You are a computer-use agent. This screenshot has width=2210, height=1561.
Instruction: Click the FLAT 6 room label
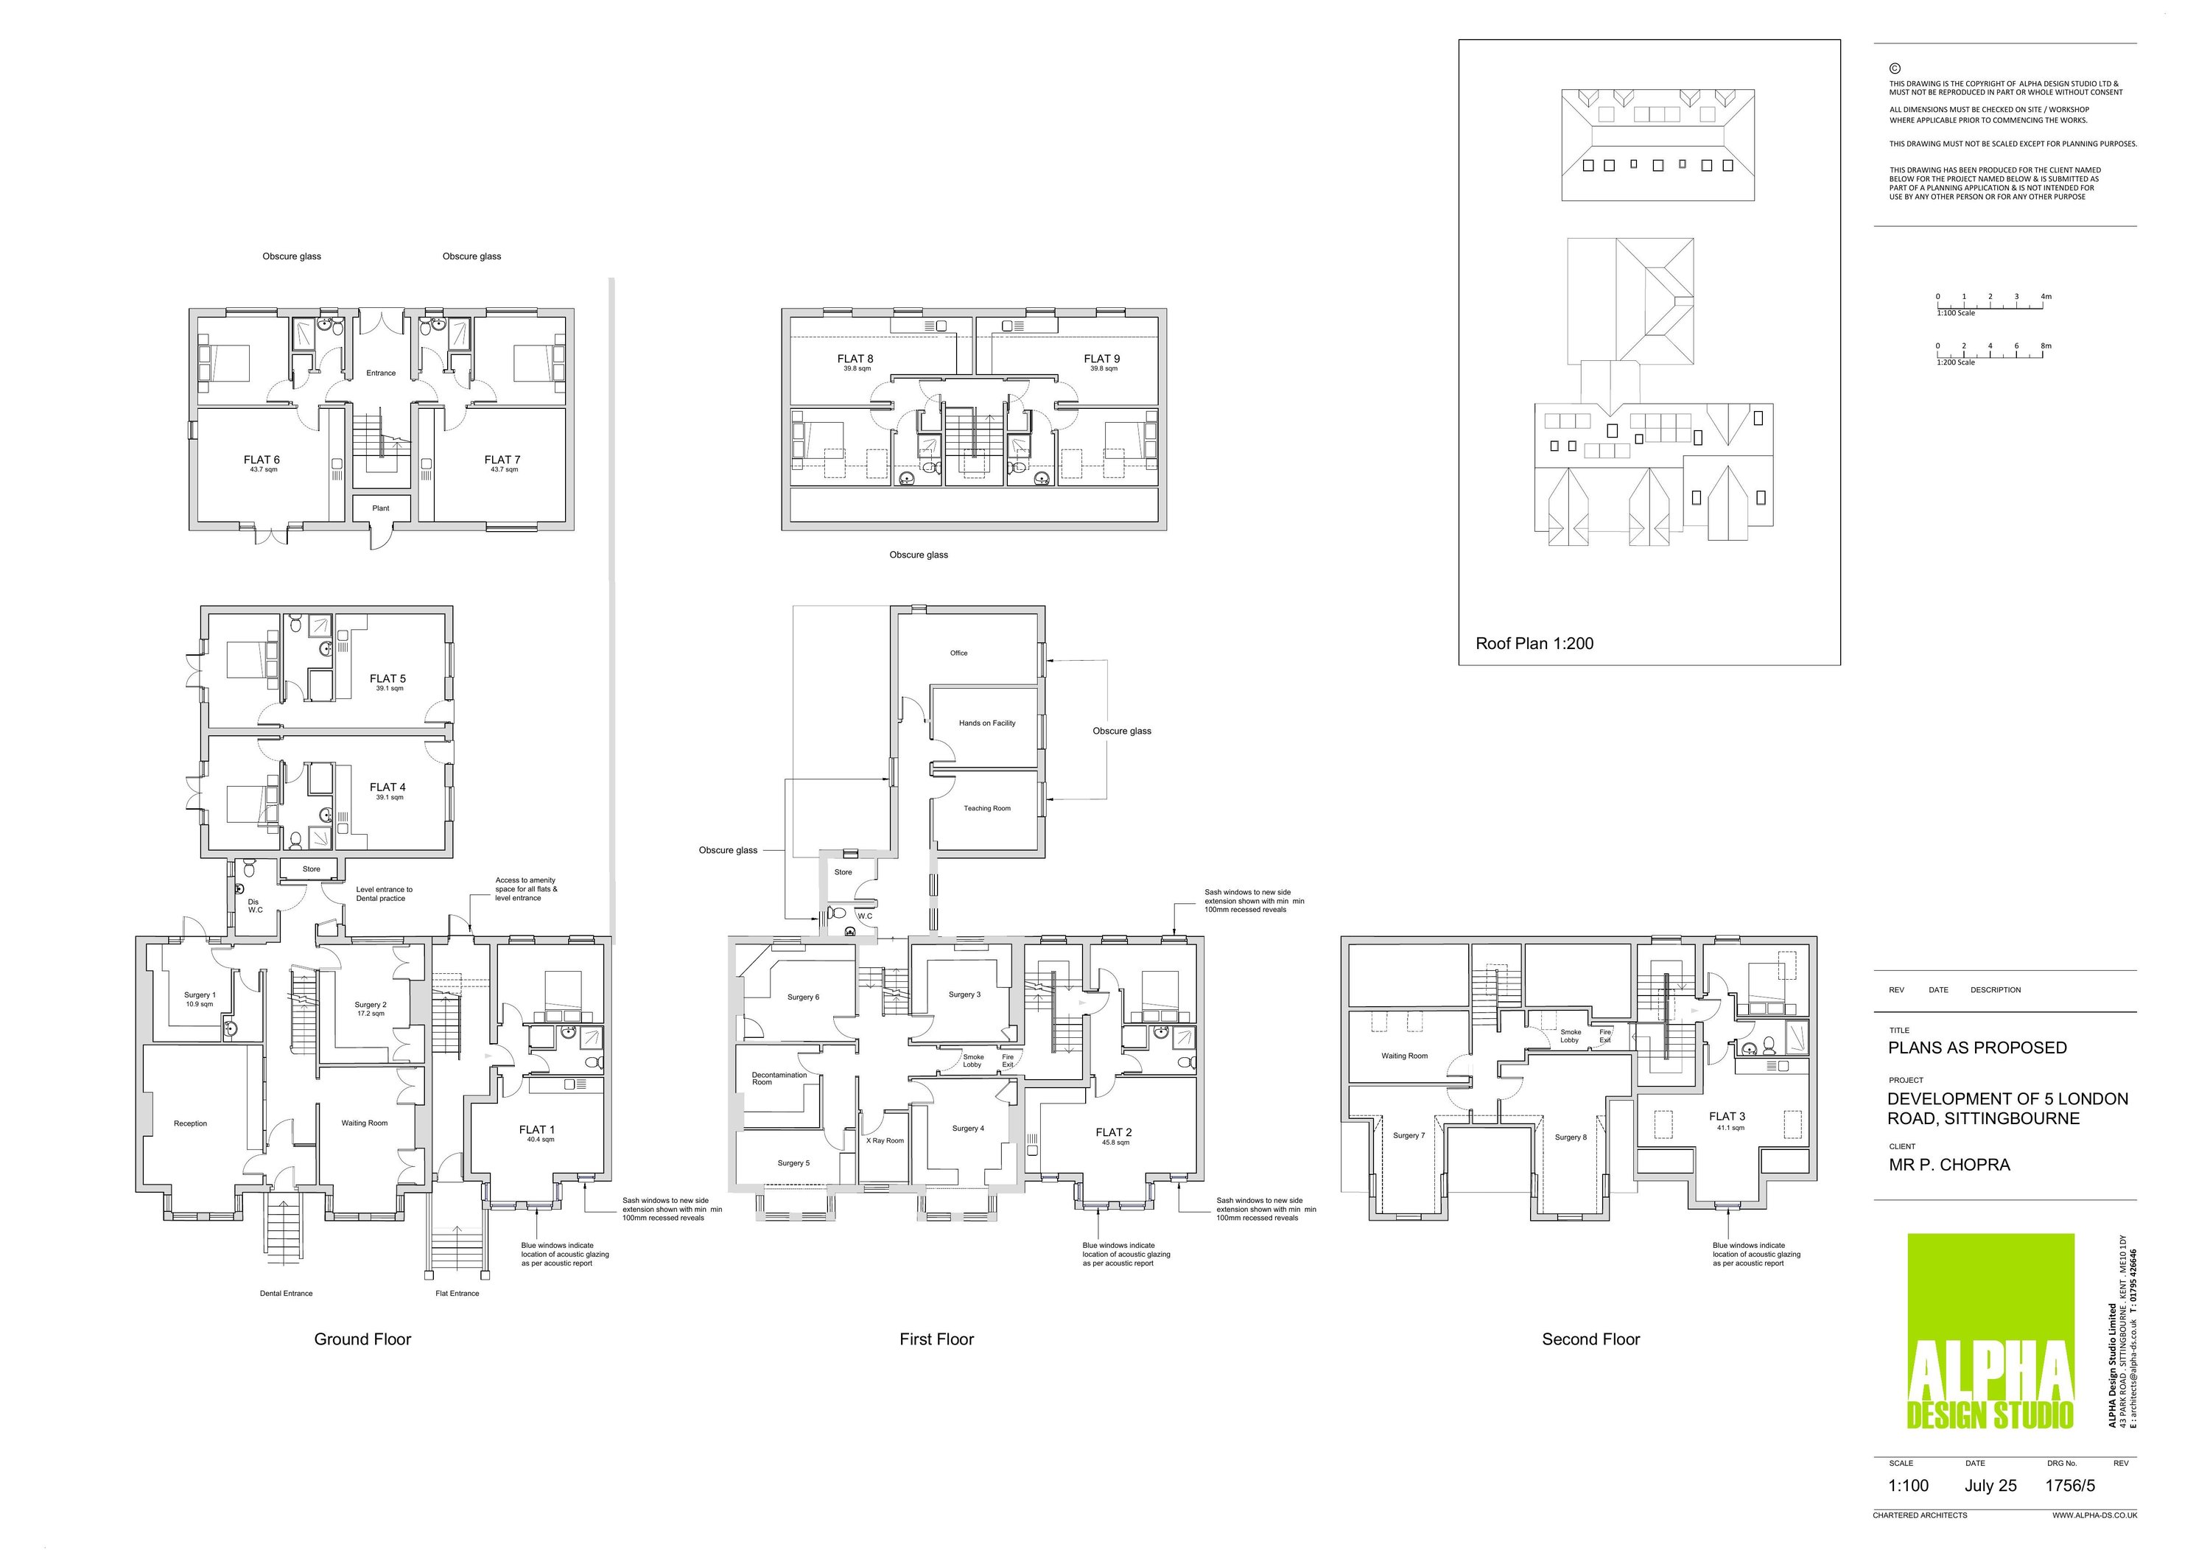pyautogui.click(x=262, y=460)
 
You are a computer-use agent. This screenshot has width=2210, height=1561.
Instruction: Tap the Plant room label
pyautogui.click(x=381, y=508)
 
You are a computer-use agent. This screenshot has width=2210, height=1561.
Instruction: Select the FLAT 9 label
pyautogui.click(x=1102, y=359)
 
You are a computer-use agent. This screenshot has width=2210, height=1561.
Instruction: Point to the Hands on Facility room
pyautogui.click(x=986, y=723)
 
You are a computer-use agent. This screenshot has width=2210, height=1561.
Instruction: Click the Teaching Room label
pyautogui.click(x=986, y=808)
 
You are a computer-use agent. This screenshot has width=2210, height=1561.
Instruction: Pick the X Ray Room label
pyautogui.click(x=885, y=1140)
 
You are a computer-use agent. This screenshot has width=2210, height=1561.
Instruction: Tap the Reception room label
pyautogui.click(x=191, y=1123)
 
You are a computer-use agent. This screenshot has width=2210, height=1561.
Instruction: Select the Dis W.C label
pyautogui.click(x=255, y=905)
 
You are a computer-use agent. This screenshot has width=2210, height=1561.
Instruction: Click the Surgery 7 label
pyautogui.click(x=1409, y=1136)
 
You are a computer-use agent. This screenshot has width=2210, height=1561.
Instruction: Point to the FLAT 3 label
pyautogui.click(x=1727, y=1116)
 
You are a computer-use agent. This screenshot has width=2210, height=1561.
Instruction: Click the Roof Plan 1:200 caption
pyautogui.click(x=1534, y=644)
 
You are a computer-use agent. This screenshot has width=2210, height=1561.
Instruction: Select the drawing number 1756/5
pyautogui.click(x=2069, y=1485)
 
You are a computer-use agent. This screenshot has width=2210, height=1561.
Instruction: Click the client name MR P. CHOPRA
pyautogui.click(x=1949, y=1165)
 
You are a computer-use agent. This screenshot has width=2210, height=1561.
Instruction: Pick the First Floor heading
pyautogui.click(x=936, y=1339)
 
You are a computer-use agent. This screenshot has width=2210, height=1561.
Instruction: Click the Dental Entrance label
pyautogui.click(x=286, y=1294)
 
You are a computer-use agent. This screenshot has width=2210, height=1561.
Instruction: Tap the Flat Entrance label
pyautogui.click(x=457, y=1294)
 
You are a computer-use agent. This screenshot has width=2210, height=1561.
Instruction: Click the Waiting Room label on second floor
pyautogui.click(x=1404, y=1056)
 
